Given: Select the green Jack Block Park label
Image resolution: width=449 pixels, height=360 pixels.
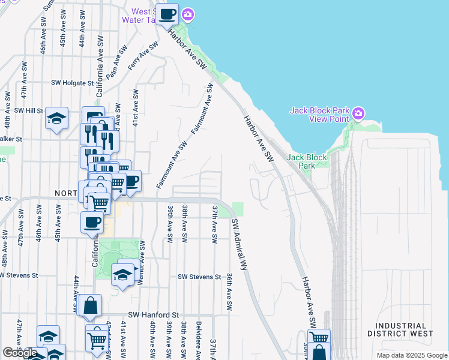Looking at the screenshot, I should click(307, 161).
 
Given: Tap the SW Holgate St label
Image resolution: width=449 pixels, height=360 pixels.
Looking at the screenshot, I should click(73, 83).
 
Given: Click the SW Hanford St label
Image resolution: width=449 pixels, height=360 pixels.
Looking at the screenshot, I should click(154, 314).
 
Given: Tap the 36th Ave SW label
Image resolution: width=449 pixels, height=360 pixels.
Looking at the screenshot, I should click(229, 292).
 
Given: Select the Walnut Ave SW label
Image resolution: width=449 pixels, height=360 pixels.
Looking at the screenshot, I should click(142, 262).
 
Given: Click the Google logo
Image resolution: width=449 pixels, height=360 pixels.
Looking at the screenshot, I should click(20, 353).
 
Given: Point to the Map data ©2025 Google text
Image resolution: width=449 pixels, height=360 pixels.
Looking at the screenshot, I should click(411, 355).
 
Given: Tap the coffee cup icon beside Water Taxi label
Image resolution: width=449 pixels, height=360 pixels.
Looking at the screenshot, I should click(167, 13).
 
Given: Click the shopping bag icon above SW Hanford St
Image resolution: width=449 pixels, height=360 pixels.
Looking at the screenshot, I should click(89, 306).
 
